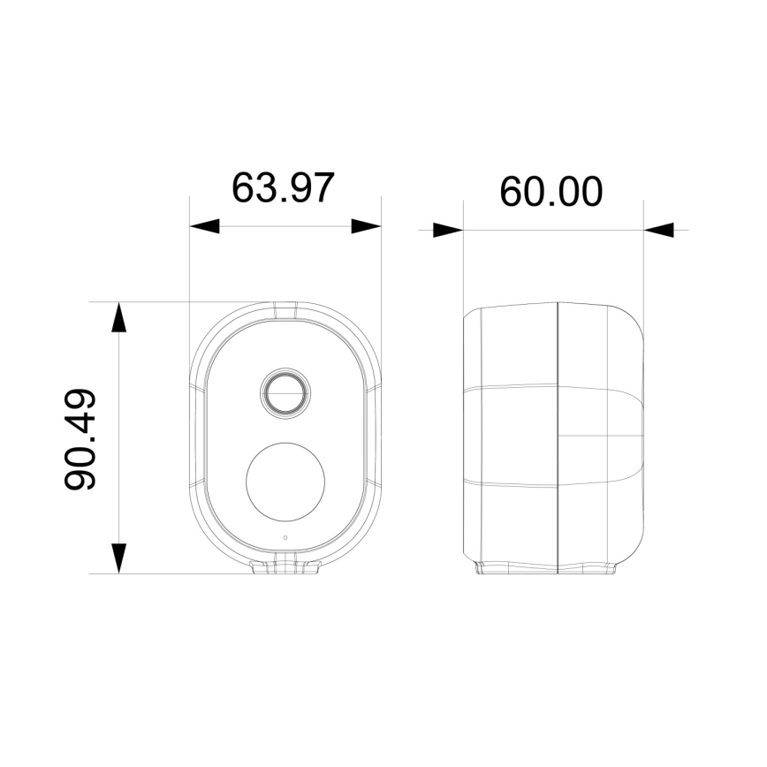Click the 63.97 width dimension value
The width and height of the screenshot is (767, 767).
click(x=283, y=187)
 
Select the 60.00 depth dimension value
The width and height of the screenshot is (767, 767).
click(x=551, y=191)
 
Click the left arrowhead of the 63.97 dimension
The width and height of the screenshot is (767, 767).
click(x=204, y=226)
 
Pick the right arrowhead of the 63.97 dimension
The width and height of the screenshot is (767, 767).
click(x=366, y=226)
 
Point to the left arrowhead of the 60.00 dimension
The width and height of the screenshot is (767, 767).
click(x=448, y=231)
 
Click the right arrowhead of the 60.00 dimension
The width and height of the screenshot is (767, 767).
click(x=659, y=231)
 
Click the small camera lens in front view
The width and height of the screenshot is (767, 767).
click(x=285, y=391)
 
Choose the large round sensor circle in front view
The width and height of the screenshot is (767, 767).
click(x=285, y=481)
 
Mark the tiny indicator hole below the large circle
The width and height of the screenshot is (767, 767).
click(x=285, y=538)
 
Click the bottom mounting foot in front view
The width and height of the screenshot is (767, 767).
click(x=285, y=567)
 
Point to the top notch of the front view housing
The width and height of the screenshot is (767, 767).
click(x=285, y=309)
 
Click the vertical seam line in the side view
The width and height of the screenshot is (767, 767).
click(x=558, y=437)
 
